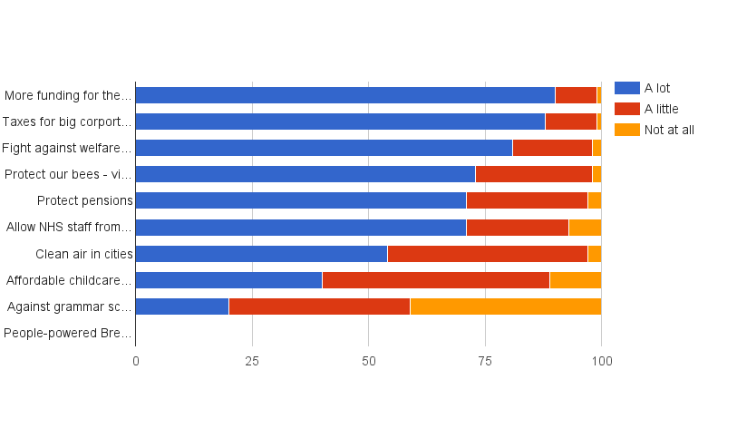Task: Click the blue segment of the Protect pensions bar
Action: point(300,200)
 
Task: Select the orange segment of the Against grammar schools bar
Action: point(505,306)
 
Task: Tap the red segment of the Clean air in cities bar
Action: point(487,254)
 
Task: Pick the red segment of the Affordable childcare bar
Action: point(435,280)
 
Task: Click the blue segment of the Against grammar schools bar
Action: point(181,306)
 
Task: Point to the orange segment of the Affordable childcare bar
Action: point(575,280)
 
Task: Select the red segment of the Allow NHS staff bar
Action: point(517,227)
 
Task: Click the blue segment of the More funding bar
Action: point(344,95)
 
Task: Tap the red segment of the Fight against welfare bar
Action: point(552,148)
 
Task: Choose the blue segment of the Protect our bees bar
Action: point(305,174)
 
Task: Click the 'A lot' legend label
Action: point(657,88)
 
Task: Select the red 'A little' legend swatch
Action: point(626,109)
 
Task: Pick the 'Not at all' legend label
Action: point(669,130)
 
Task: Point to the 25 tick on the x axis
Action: point(252,361)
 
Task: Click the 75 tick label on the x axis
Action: point(485,361)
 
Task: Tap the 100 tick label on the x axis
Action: point(601,361)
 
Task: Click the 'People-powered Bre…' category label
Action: point(68,333)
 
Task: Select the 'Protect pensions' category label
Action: point(85,200)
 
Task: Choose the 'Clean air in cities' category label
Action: point(84,254)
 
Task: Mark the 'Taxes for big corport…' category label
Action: point(67,122)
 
